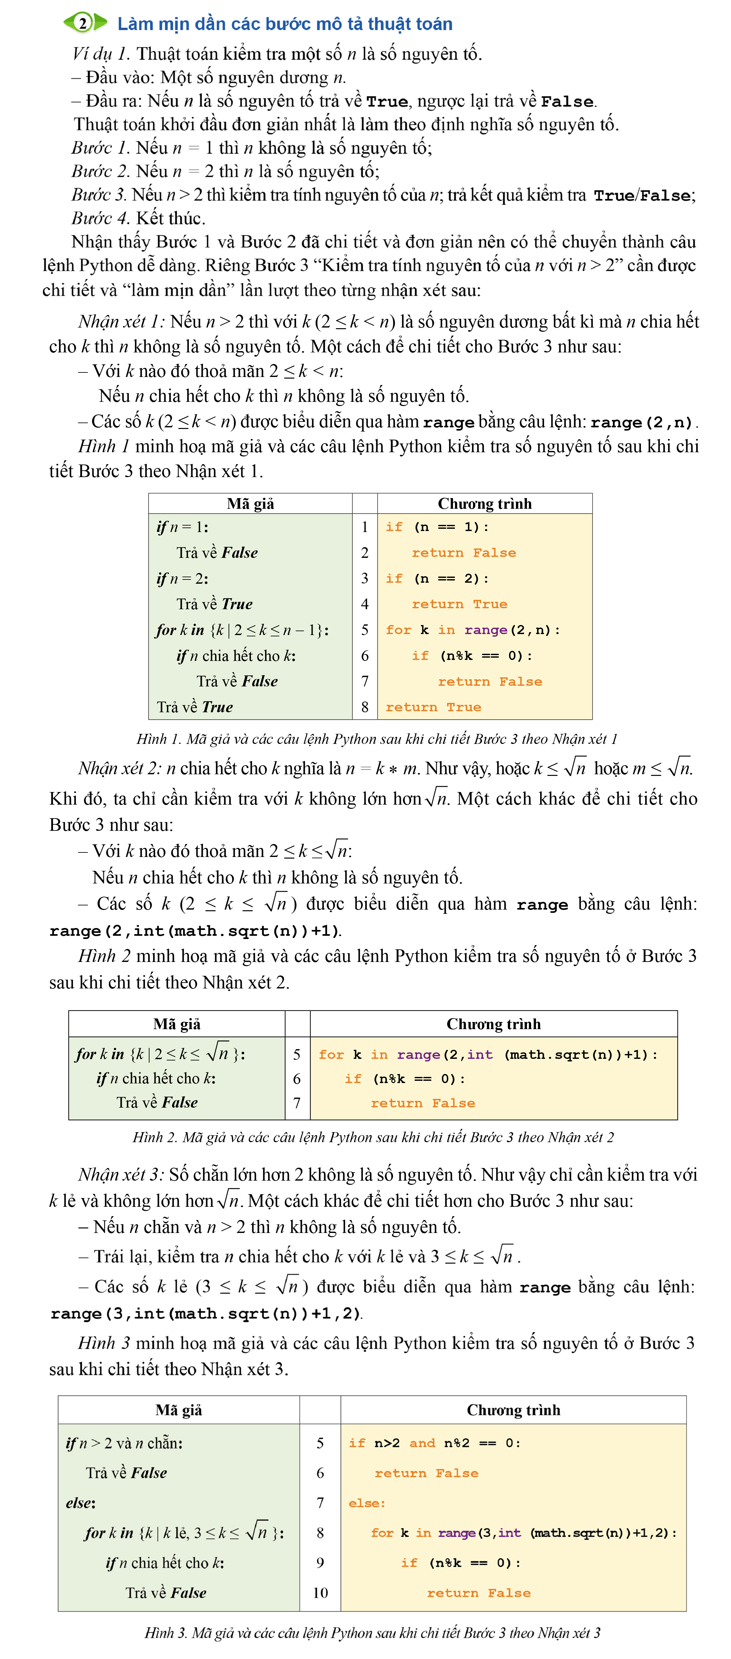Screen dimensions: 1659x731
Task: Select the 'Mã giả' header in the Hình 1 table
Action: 250,504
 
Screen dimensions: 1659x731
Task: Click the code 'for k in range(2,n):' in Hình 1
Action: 472,630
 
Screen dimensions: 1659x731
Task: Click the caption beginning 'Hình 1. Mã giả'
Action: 376,739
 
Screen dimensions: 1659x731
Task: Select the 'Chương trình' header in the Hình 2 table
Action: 494,1024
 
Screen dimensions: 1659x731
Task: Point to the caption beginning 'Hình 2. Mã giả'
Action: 373,1137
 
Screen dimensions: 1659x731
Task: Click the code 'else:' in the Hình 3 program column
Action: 367,1503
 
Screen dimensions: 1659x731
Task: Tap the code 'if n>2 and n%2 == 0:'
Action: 434,1443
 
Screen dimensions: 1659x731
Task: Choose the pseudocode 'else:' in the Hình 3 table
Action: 80,1503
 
